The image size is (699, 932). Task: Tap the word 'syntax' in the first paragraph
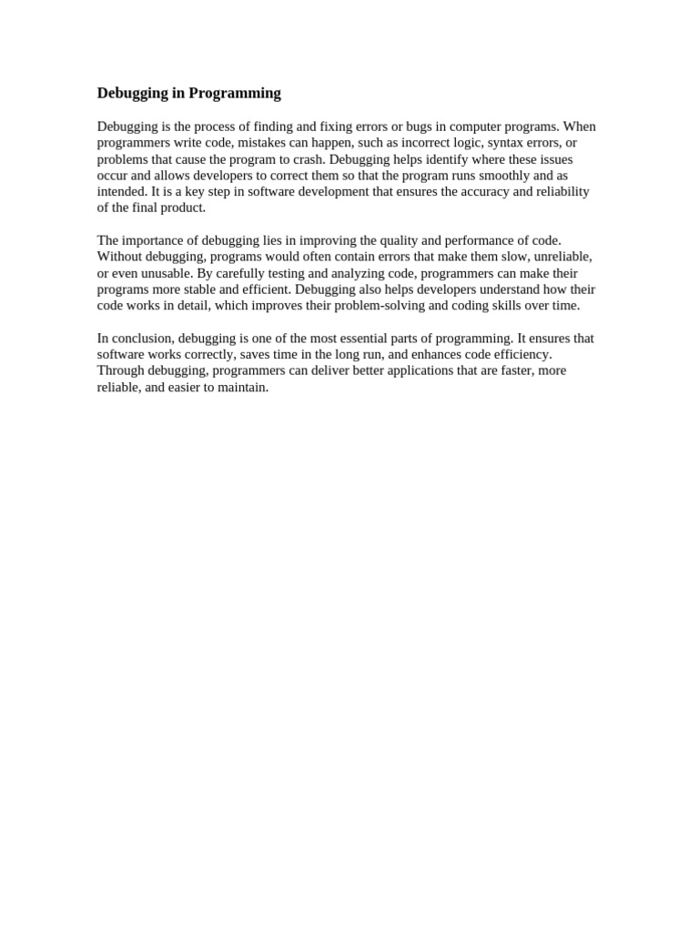click(x=509, y=143)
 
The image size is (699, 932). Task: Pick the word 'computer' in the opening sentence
click(x=449, y=127)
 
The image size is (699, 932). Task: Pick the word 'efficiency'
click(x=518, y=354)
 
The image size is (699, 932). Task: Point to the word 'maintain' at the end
click(x=243, y=387)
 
